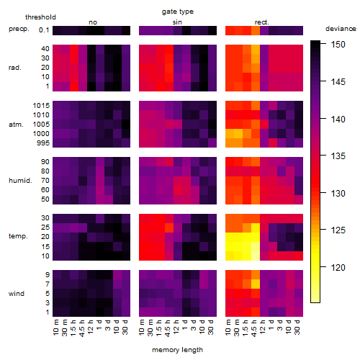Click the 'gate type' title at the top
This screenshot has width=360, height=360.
(178, 12)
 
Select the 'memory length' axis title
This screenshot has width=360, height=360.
(177, 350)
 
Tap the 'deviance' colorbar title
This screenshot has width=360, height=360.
(341, 29)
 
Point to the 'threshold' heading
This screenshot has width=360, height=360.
(40, 17)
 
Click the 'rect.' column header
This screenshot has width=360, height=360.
(262, 22)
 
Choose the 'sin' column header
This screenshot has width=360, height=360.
(177, 22)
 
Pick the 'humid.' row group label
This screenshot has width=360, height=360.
(20, 181)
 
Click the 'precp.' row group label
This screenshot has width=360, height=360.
(19, 29)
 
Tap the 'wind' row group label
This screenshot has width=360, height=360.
(17, 294)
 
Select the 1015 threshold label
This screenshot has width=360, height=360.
(41, 106)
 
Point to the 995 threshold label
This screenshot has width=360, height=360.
(43, 143)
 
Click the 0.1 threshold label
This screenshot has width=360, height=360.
(44, 30)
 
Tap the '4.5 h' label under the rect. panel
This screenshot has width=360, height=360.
(254, 328)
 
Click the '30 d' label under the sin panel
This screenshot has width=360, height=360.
(210, 328)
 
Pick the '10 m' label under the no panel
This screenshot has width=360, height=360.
(55, 328)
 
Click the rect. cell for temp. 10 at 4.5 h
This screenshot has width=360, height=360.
(256, 256)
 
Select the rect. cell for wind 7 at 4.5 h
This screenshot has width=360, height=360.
(256, 284)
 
